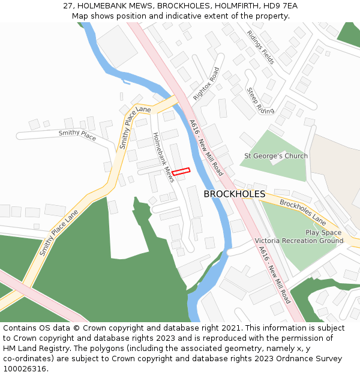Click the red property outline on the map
click(x=181, y=172)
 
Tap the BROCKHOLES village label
click(x=234, y=194)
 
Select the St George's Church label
click(x=275, y=156)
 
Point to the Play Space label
click(x=323, y=232)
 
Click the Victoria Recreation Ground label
click(x=299, y=241)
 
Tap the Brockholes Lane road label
click(x=302, y=213)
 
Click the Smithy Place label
click(x=77, y=136)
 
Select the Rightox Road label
click(x=206, y=84)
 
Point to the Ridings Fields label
click(x=260, y=47)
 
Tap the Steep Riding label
click(x=260, y=101)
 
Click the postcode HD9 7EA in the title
click(x=283, y=6)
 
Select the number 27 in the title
click(x=68, y=6)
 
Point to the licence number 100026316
click(x=23, y=369)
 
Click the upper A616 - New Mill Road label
click(x=206, y=148)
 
